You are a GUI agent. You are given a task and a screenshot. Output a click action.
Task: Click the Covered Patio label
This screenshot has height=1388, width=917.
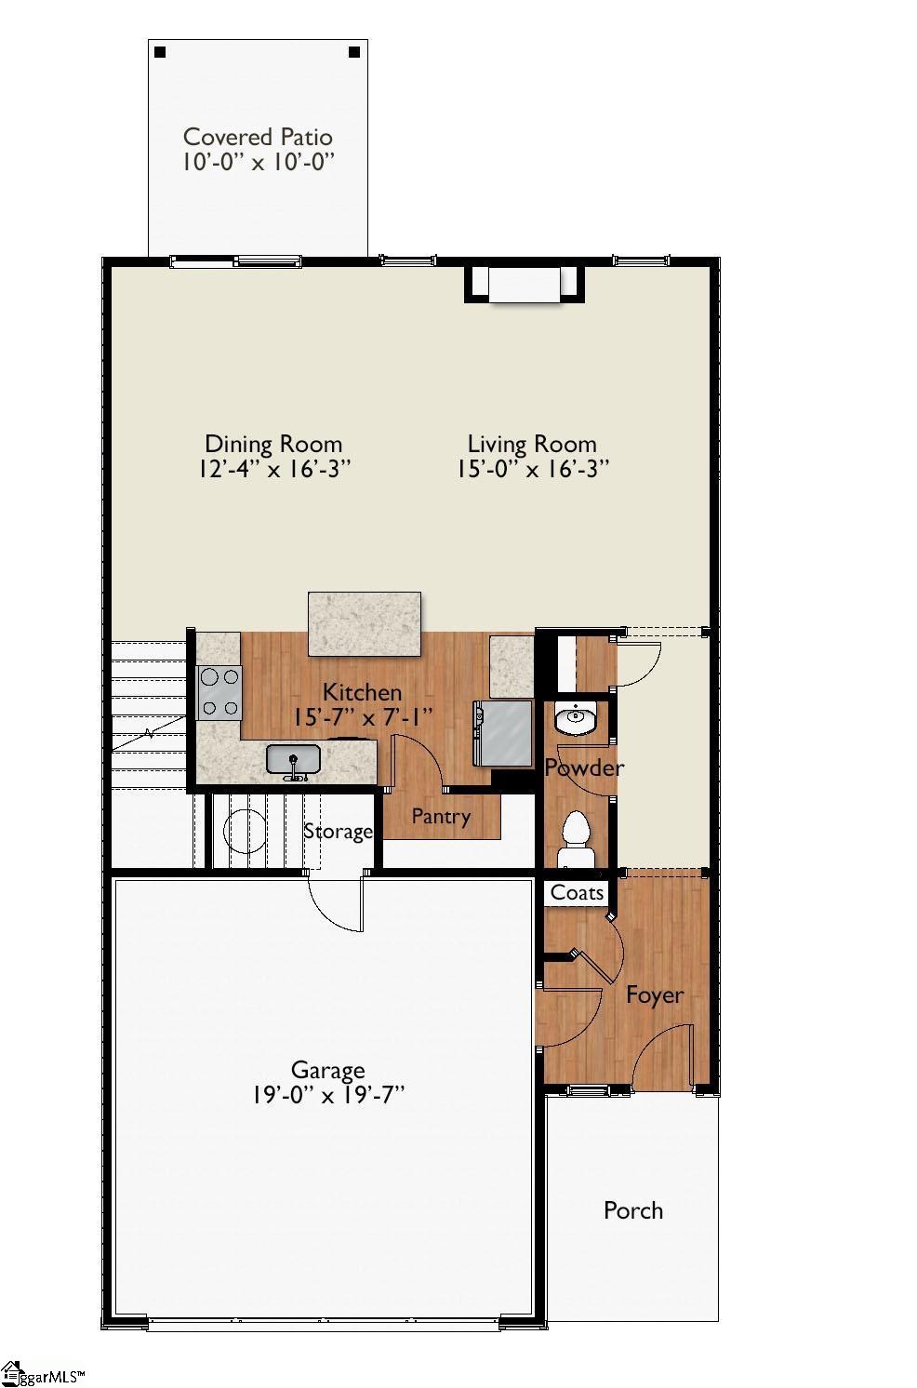click(258, 137)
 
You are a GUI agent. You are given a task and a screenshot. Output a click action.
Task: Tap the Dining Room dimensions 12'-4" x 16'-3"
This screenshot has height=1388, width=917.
click(273, 468)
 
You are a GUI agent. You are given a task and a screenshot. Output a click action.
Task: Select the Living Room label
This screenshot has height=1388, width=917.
click(531, 444)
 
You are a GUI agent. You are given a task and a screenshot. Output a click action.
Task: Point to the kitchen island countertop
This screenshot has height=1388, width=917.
click(365, 622)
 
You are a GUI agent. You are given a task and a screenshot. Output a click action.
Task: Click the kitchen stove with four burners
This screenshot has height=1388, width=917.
click(219, 692)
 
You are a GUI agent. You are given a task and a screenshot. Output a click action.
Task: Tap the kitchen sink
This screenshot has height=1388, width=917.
click(293, 760)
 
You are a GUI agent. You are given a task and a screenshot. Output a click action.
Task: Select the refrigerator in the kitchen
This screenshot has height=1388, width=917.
click(504, 732)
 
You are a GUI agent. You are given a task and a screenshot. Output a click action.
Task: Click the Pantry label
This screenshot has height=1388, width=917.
click(441, 817)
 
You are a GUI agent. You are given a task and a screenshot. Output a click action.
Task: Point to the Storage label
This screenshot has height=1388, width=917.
click(338, 831)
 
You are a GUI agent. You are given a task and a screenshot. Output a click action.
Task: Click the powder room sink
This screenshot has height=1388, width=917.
click(577, 719)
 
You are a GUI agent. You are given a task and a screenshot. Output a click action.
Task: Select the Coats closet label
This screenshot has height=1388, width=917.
click(577, 892)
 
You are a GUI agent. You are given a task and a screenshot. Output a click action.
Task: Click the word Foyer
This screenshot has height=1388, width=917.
click(655, 994)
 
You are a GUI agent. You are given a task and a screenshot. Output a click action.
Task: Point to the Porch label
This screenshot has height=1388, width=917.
click(633, 1210)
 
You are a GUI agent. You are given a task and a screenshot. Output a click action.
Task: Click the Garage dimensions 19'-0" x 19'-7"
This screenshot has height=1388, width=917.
click(327, 1095)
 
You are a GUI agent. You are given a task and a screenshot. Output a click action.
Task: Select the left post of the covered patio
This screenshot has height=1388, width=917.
click(160, 52)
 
